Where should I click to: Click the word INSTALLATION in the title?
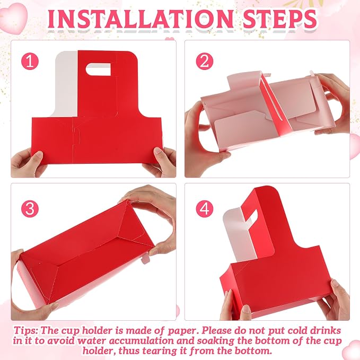click(x=140, y=19)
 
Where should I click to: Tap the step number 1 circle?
click(x=30, y=62)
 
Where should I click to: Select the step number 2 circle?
click(x=205, y=62)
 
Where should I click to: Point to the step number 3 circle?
click(x=30, y=209)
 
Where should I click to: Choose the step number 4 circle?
click(x=205, y=209)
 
